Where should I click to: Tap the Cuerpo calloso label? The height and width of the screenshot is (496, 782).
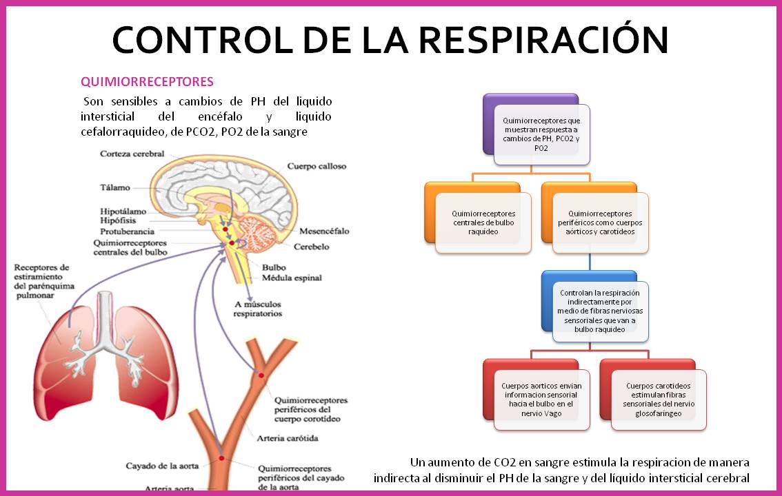(317, 166)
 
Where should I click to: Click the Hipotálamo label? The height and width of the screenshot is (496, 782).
(123, 211)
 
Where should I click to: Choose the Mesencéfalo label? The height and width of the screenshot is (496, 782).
(325, 231)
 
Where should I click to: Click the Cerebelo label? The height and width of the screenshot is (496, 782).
(311, 247)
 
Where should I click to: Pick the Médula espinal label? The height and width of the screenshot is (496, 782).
(291, 278)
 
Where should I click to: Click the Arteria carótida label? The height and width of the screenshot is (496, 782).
(287, 438)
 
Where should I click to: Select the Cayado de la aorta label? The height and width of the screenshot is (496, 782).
(163, 466)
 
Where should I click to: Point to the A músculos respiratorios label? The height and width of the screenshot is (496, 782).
(258, 309)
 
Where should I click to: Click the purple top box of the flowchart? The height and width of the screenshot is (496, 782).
(541, 134)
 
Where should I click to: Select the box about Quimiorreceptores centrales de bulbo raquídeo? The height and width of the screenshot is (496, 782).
(483, 223)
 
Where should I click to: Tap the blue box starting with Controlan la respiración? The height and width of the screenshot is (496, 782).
(599, 311)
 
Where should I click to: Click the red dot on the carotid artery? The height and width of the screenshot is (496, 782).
(261, 375)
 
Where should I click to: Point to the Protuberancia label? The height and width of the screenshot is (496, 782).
(127, 231)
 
